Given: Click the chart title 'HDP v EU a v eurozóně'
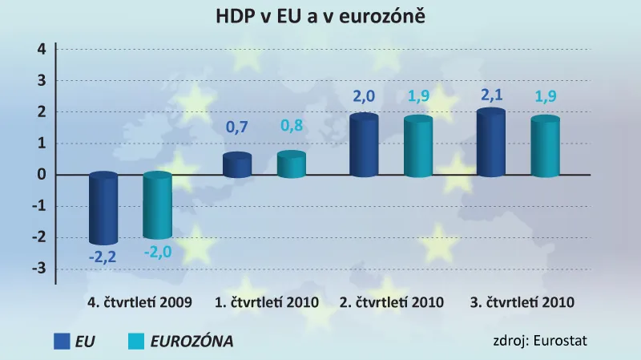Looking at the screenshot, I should pyautogui.click(x=320, y=16).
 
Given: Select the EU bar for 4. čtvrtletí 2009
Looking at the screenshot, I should pyautogui.click(x=103, y=208).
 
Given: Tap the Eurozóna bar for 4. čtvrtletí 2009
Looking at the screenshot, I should pyautogui.click(x=157, y=206).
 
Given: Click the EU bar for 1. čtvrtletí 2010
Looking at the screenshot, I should pyautogui.click(x=237, y=165).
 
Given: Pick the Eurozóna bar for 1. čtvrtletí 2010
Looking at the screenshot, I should pyautogui.click(x=292, y=164).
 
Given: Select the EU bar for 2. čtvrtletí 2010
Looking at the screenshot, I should pyautogui.click(x=364, y=145).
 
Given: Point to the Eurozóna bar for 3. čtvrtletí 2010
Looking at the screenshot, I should pyautogui.click(x=546, y=147).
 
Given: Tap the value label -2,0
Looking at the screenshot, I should pyautogui.click(x=158, y=252).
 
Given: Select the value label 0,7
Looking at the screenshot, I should pyautogui.click(x=237, y=127).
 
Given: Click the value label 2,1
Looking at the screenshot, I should pyautogui.click(x=490, y=95).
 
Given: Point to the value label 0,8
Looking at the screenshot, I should pyautogui.click(x=292, y=126).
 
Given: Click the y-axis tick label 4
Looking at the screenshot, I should pyautogui.click(x=42, y=50).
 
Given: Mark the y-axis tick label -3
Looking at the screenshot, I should pyautogui.click(x=39, y=269).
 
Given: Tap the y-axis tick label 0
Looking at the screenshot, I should pyautogui.click(x=42, y=175).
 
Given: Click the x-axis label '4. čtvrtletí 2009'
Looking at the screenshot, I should pyautogui.click(x=139, y=303).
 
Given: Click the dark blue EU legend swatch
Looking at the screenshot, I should pyautogui.click(x=62, y=341).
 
